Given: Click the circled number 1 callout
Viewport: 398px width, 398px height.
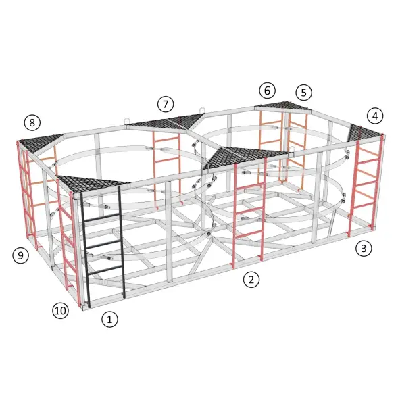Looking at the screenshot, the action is click(x=109, y=319).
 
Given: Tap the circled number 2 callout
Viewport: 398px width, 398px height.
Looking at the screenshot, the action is click(x=251, y=280).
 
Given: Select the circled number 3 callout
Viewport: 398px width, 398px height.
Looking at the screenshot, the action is click(x=364, y=248).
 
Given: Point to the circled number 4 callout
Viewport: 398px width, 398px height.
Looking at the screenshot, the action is click(x=375, y=116).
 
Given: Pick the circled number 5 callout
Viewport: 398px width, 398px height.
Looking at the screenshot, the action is click(x=304, y=93).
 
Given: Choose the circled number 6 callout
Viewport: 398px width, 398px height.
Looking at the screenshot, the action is click(x=268, y=91).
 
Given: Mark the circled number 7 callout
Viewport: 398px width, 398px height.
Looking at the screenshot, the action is click(x=166, y=104).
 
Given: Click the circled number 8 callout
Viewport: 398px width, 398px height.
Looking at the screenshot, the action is click(x=32, y=122).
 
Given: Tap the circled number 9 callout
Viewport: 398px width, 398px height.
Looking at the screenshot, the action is click(x=21, y=255).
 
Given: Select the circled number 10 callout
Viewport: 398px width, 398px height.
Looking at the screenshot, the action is click(x=60, y=310).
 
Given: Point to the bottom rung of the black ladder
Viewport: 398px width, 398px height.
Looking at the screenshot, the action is click(x=105, y=270).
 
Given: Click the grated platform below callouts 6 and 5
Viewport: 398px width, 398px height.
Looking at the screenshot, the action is click(x=282, y=105).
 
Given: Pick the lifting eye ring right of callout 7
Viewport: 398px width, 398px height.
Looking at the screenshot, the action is click(x=202, y=111).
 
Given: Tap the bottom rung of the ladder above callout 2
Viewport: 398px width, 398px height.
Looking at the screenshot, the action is click(x=248, y=234).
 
